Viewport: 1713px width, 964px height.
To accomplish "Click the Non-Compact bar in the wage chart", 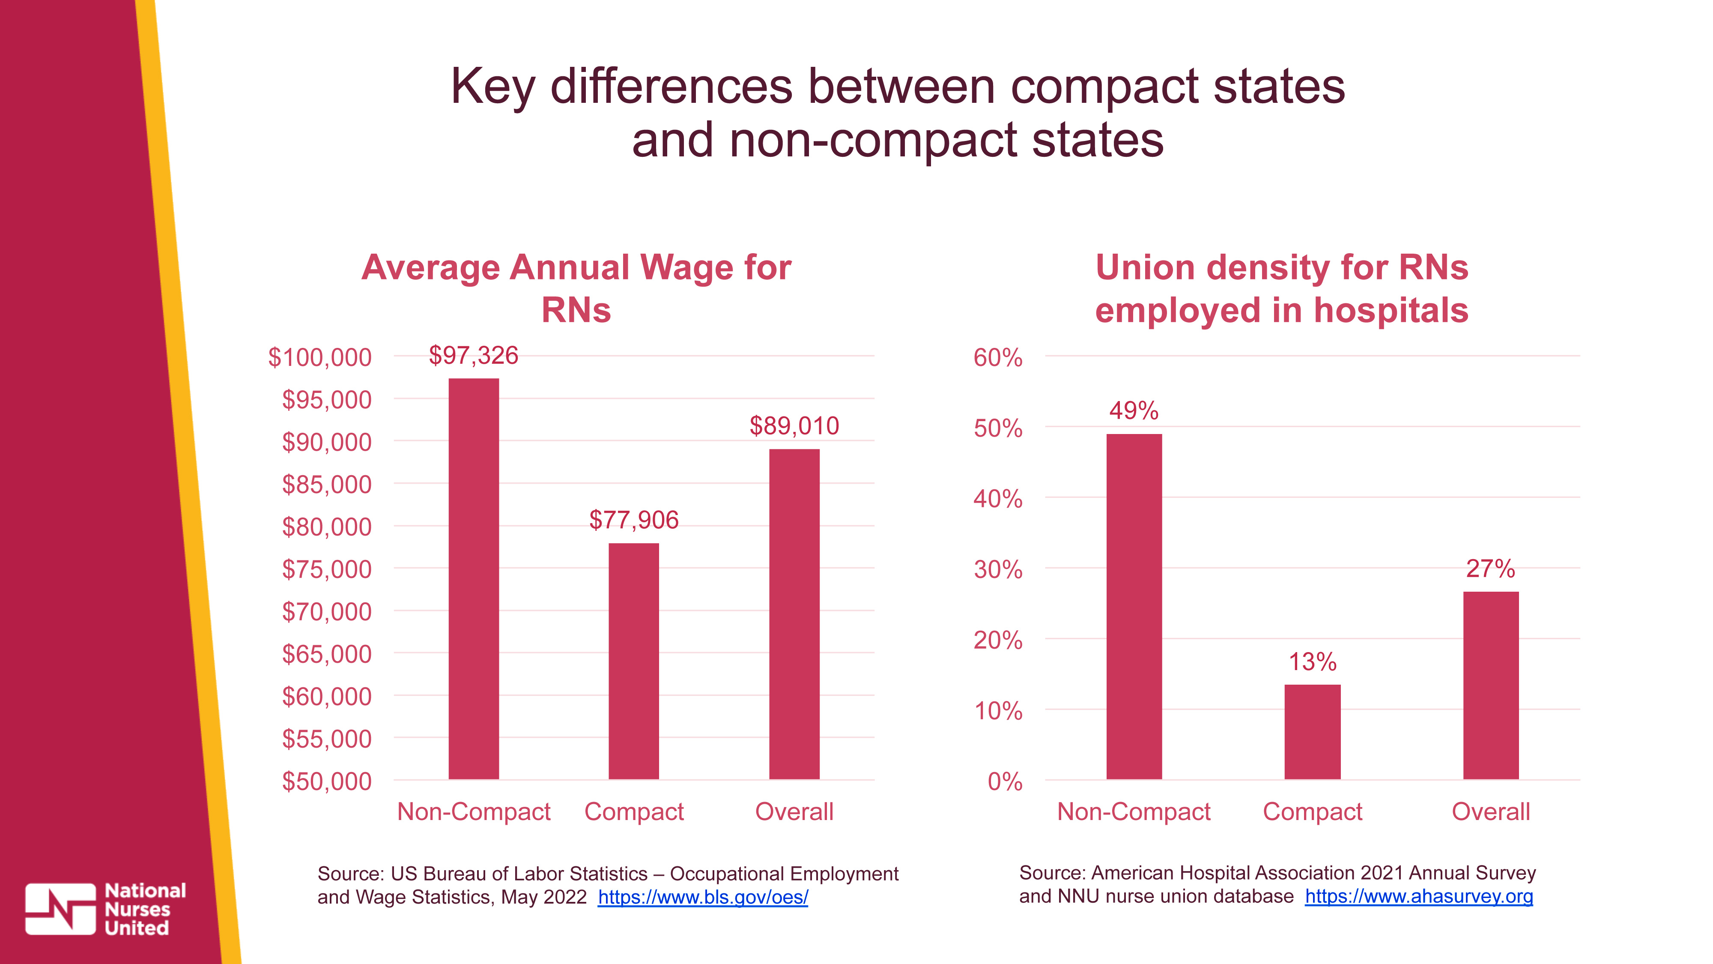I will [474, 579].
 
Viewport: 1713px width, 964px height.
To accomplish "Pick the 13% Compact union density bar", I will [1312, 731].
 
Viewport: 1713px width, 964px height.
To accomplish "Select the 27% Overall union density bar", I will [1490, 685].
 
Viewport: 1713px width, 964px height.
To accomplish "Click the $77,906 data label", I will [634, 520].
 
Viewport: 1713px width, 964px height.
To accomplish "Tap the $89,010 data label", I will [794, 426].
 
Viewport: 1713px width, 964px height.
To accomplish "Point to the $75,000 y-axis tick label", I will [326, 569].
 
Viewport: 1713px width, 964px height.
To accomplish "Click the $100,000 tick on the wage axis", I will [320, 357].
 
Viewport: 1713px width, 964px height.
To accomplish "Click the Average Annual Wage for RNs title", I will [576, 288].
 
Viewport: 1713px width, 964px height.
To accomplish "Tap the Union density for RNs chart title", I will [1281, 288].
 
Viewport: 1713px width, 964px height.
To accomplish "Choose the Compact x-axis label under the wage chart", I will [634, 811].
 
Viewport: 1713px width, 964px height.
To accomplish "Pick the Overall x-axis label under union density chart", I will [1490, 811].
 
